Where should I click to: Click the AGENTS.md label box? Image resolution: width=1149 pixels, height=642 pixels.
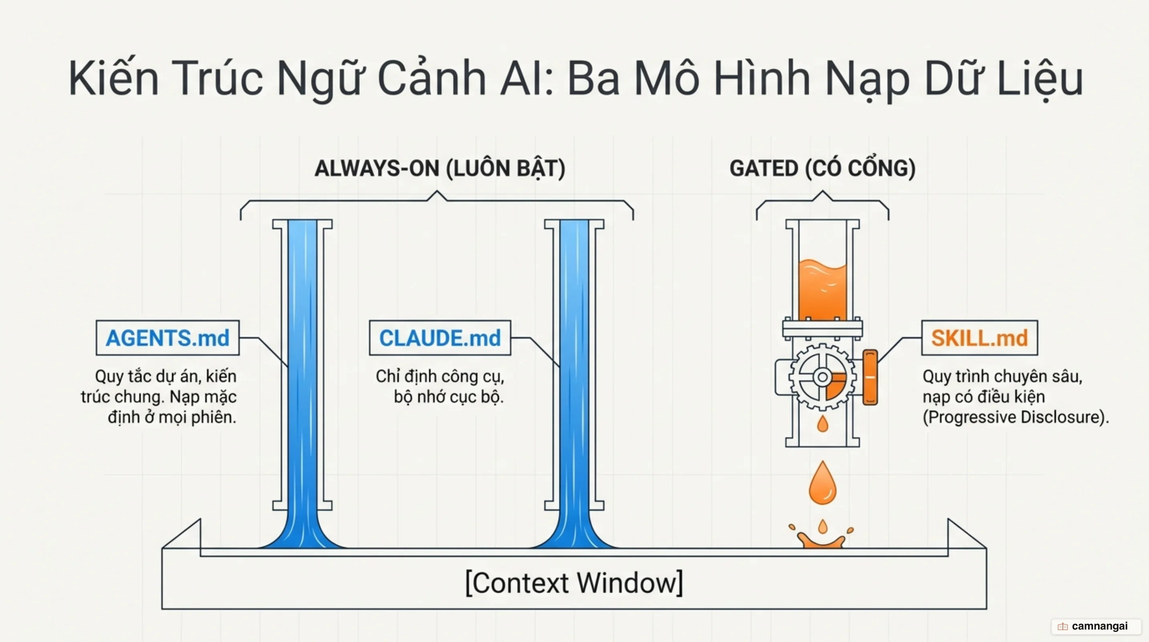tap(168, 337)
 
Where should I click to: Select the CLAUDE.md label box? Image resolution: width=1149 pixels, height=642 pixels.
tap(440, 337)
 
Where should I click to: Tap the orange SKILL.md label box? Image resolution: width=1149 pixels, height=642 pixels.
tap(979, 337)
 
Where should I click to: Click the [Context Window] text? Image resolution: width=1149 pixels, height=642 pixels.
tap(574, 582)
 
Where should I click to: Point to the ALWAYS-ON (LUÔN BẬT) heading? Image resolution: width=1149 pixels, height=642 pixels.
tap(440, 168)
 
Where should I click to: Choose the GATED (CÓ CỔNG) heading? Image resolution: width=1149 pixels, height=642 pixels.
tap(822, 168)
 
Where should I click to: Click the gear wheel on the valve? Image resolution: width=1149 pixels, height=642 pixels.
tap(822, 377)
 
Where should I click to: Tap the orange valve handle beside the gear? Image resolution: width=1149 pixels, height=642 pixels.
tap(870, 377)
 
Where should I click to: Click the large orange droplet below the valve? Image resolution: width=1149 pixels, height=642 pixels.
tap(822, 483)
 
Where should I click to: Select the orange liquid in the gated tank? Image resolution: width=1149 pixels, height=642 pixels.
tap(822, 290)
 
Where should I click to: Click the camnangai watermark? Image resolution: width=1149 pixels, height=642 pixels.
tap(1096, 626)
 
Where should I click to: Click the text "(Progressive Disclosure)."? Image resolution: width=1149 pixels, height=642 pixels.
tap(1016, 417)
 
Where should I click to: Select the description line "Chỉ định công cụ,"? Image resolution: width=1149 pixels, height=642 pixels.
tap(440, 376)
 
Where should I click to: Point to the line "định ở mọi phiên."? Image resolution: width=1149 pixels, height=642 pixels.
tap(172, 417)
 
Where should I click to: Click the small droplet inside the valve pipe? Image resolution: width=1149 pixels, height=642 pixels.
tap(822, 423)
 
